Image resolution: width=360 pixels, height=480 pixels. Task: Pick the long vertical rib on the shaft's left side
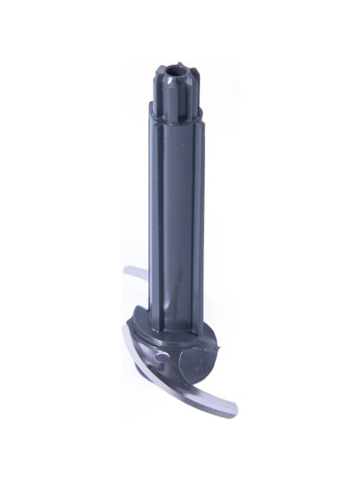point(153,213)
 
